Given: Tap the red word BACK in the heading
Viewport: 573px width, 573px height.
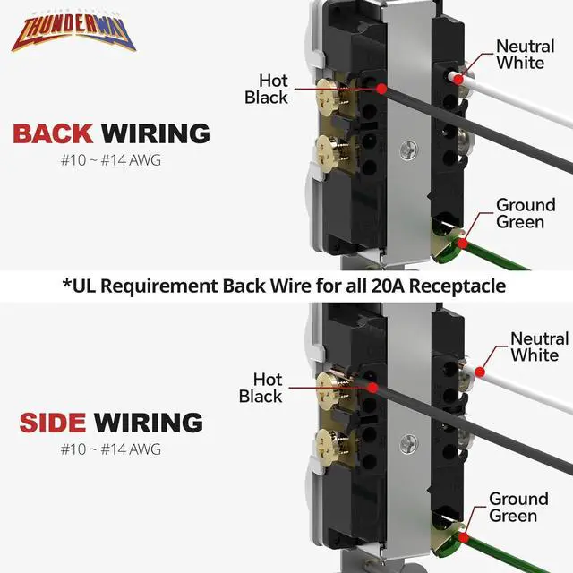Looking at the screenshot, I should [53, 134].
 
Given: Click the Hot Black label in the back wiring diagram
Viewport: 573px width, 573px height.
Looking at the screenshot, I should [266, 89].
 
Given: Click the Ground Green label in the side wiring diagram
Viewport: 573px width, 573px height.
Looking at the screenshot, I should [518, 507].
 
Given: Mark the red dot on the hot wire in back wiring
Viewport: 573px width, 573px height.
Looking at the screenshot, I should [382, 89].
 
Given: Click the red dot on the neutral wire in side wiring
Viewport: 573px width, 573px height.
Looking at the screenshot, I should [481, 369].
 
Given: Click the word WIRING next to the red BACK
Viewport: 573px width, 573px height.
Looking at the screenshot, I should [156, 134].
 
